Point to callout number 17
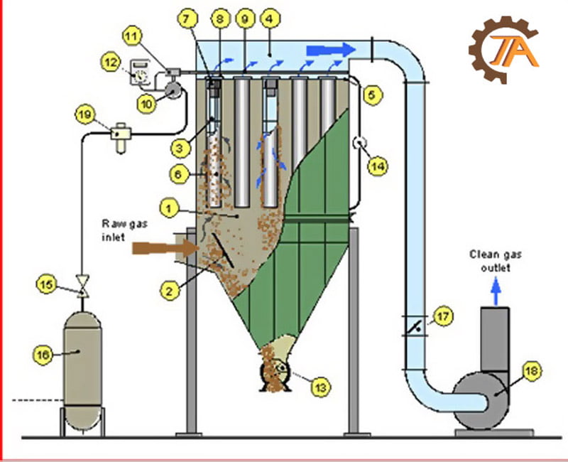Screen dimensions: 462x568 (x=443, y=317)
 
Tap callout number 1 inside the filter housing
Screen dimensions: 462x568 (x=169, y=208)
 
